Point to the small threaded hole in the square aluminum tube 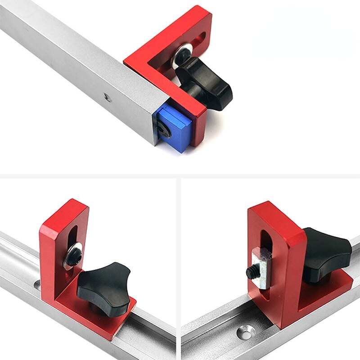105,96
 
